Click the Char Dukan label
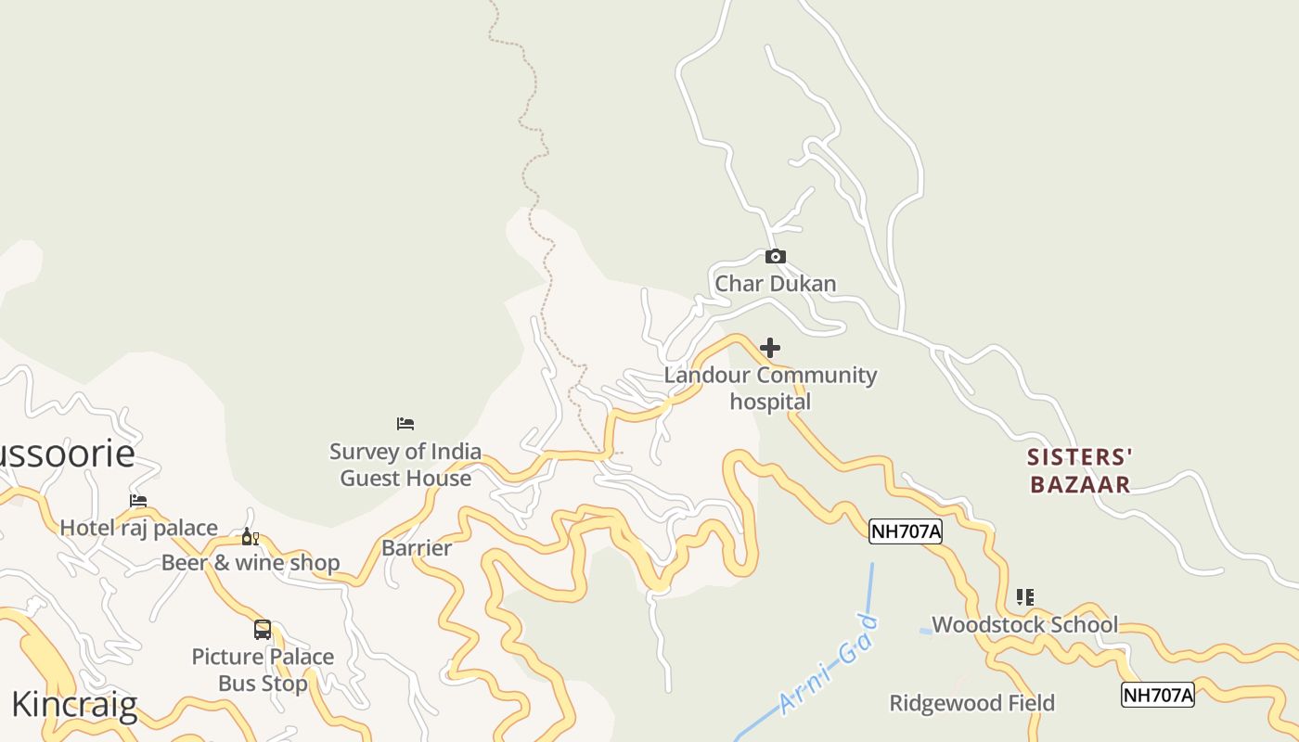(x=775, y=283)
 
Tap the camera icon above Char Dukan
(x=775, y=257)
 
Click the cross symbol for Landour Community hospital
(x=770, y=348)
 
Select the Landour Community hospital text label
(x=770, y=388)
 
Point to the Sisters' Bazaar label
(x=1080, y=470)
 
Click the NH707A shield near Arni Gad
(x=906, y=531)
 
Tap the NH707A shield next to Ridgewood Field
(x=1157, y=695)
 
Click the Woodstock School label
(x=1024, y=624)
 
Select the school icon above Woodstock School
(x=1024, y=597)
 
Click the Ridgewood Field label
(x=971, y=703)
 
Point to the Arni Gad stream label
(x=829, y=664)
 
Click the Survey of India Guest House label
(x=405, y=465)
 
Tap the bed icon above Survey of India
(x=405, y=424)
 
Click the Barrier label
(x=417, y=547)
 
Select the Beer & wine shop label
(x=251, y=562)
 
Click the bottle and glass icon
(x=250, y=537)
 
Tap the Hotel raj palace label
(x=139, y=528)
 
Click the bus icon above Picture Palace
(x=263, y=630)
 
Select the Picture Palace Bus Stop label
(x=263, y=670)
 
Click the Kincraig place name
(x=74, y=705)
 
